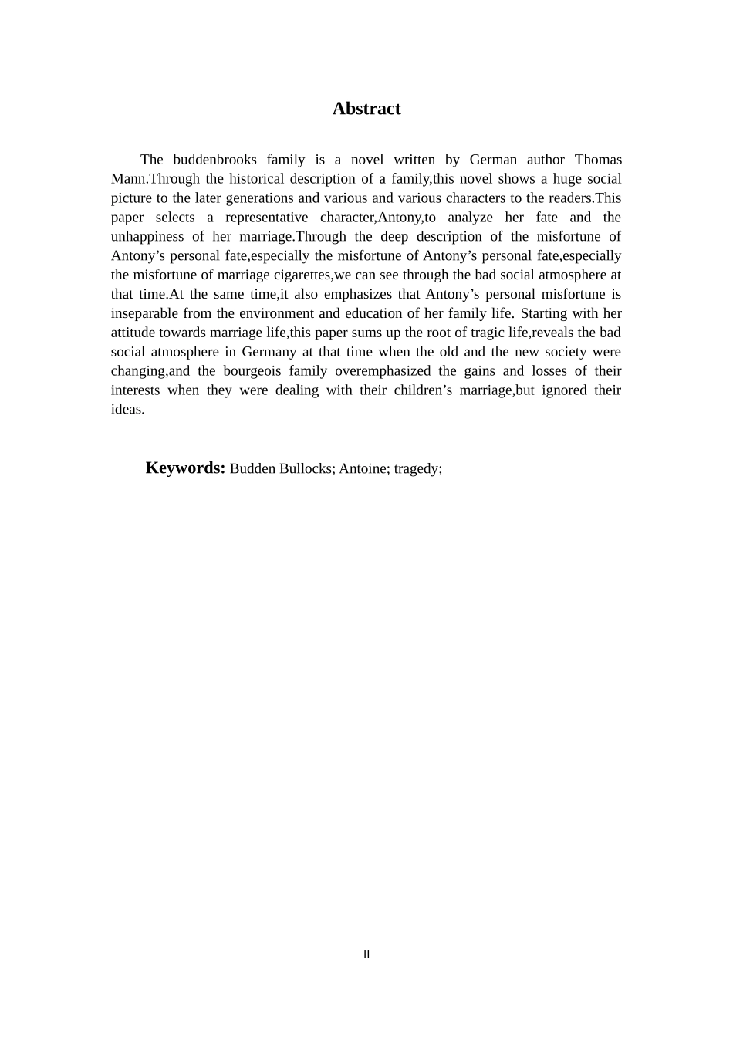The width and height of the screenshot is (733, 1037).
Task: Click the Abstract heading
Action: click(x=366, y=109)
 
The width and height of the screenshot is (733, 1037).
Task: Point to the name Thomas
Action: click(x=598, y=160)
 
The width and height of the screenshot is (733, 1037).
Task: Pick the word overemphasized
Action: click(x=383, y=371)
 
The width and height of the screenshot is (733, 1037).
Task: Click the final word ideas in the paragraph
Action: click(x=127, y=410)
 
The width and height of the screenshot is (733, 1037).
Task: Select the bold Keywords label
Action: click(x=185, y=468)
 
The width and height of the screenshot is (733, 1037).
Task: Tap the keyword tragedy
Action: click(x=417, y=469)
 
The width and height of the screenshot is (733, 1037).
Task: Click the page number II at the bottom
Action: click(x=366, y=954)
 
